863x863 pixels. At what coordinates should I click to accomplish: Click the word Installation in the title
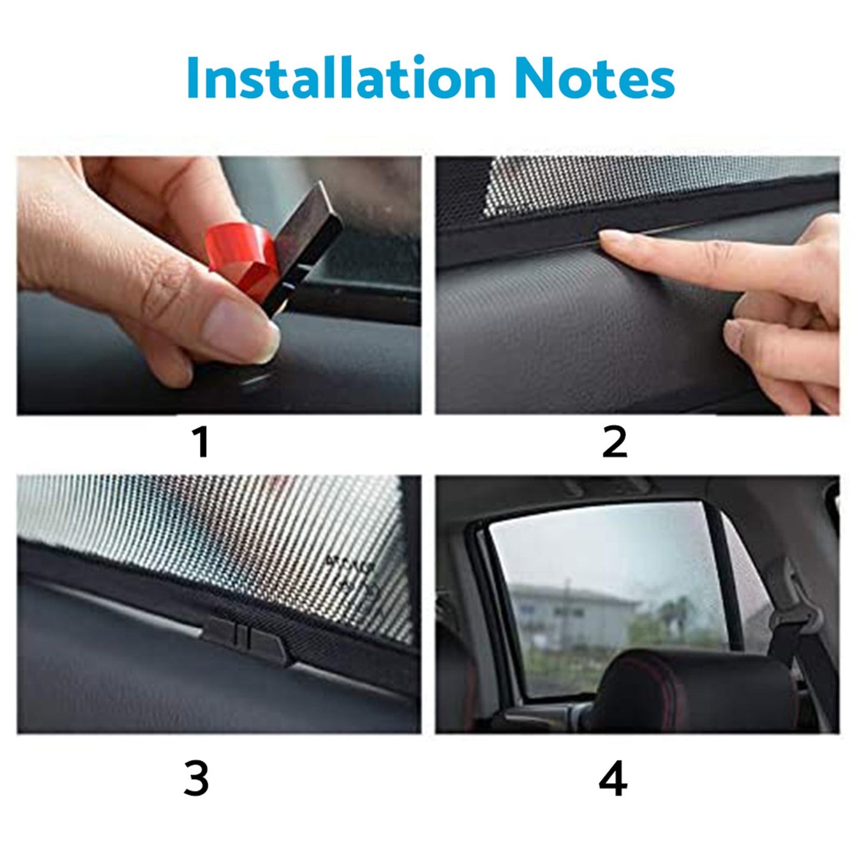click(340, 78)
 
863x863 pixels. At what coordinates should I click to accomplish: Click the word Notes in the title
click(594, 78)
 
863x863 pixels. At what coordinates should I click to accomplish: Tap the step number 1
click(201, 443)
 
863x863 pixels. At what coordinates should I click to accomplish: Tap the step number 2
click(615, 443)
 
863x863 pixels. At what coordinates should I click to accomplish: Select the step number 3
click(196, 779)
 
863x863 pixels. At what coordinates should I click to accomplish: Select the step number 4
click(613, 779)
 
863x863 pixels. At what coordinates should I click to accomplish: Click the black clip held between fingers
click(311, 239)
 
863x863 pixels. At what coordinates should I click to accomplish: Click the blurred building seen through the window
click(567, 615)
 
